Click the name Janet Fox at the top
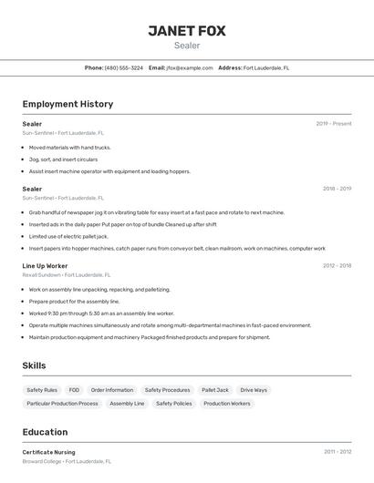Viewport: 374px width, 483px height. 187,30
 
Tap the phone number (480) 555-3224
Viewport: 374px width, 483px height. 123,67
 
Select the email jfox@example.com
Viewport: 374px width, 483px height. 189,67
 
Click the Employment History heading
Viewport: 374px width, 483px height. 68,104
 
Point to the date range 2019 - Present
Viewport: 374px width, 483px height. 334,123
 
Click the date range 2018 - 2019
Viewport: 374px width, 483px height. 337,189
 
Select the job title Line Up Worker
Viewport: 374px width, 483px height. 45,265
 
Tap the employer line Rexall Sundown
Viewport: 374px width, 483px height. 67,274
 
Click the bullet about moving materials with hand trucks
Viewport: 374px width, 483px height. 69,147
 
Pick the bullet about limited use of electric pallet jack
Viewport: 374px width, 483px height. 68,236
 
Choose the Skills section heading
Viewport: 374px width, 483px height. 35,365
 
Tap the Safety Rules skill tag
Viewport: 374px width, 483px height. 42,390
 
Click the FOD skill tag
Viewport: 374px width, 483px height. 74,390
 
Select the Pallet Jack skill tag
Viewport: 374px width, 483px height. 215,390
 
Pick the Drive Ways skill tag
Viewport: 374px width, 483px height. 254,390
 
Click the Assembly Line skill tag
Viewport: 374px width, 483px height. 127,403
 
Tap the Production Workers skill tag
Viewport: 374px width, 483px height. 227,403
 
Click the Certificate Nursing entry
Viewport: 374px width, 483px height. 49,452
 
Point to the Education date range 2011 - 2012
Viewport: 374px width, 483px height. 337,451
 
